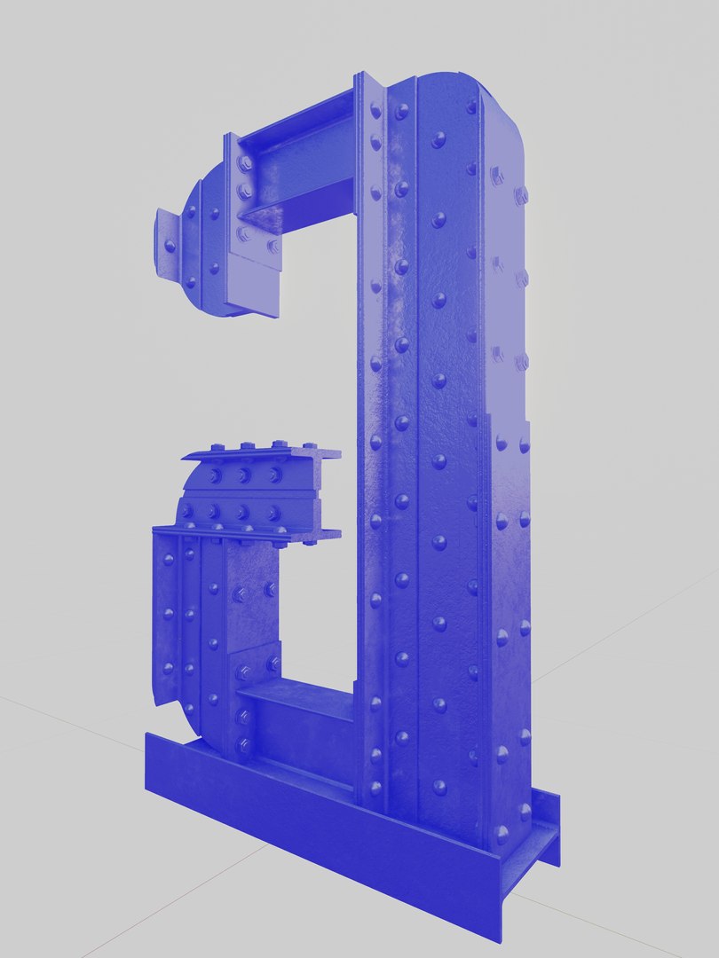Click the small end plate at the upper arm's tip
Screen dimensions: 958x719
[x=168, y=244]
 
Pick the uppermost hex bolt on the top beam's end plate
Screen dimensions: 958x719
[x=245, y=163]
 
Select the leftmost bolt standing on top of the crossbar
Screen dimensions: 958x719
[x=217, y=447]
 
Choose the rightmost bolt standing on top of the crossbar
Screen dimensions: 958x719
[x=309, y=446]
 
